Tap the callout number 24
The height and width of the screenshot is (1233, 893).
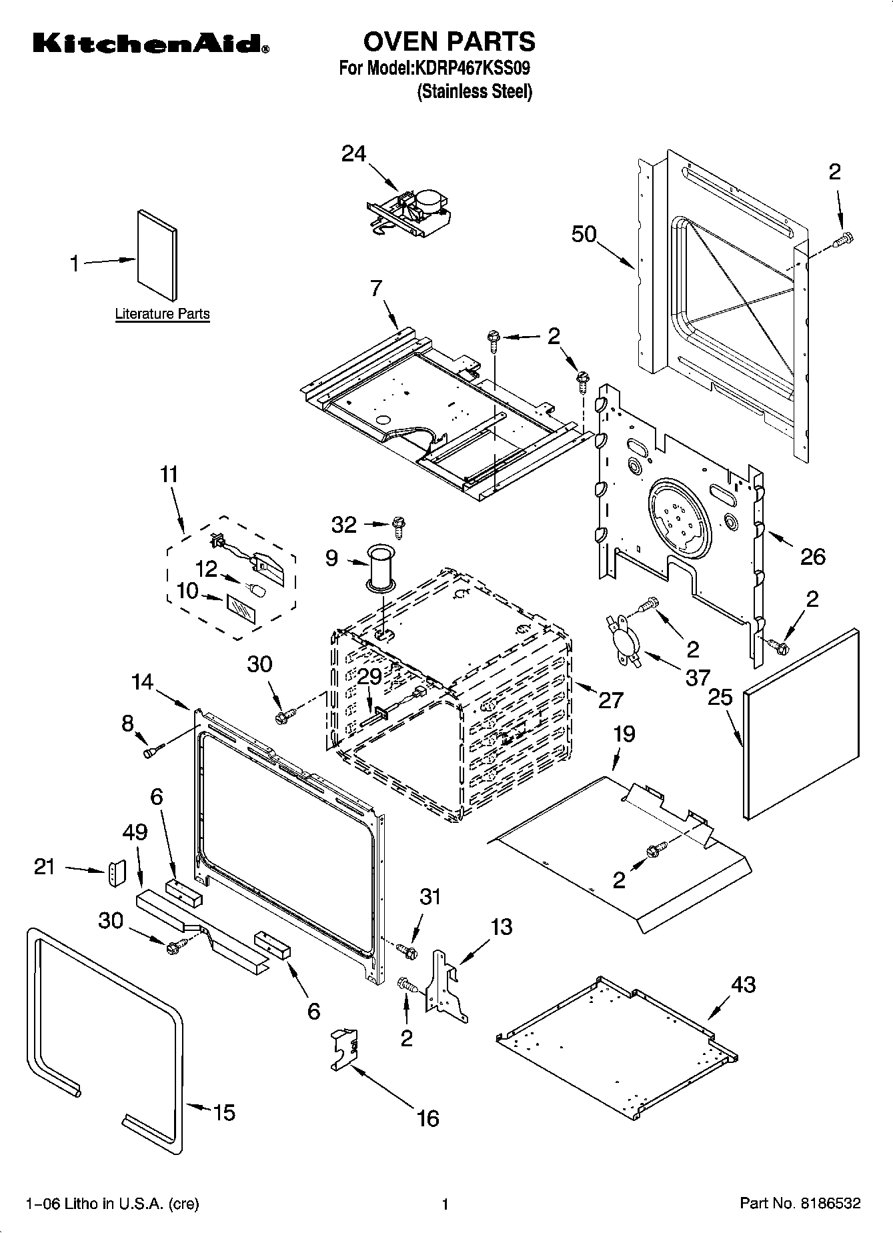354,154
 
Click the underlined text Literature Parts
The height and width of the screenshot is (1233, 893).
162,313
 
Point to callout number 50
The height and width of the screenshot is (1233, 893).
584,235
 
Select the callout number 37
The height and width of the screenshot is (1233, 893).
698,678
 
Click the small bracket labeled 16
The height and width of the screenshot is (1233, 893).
344,1050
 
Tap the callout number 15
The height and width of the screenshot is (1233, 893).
224,1112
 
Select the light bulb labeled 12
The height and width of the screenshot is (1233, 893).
257,589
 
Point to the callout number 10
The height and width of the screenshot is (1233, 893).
189,590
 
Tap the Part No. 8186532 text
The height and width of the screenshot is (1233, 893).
800,1204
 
